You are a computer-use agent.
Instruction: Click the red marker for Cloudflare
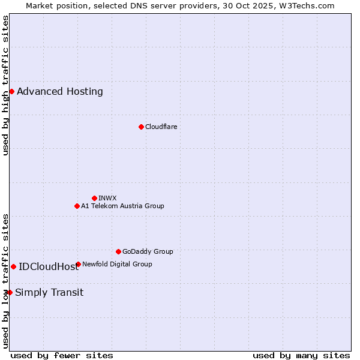coord(141,127)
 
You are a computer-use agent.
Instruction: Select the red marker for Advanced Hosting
coord(11,91)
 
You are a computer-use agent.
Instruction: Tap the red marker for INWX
coord(94,198)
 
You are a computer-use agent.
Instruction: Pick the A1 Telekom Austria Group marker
coord(77,206)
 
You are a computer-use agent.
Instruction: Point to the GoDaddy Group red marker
coord(118,251)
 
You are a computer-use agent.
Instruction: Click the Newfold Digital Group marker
coord(79,264)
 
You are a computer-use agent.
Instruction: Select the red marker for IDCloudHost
coord(13,266)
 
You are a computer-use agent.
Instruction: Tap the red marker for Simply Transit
coord(10,292)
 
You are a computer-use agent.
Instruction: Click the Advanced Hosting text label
coord(60,92)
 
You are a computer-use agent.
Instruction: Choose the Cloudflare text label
coord(161,127)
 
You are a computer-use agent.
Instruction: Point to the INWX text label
coord(107,198)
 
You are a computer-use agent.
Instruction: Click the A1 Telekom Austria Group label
coord(122,206)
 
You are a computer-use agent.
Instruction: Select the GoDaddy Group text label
coord(148,251)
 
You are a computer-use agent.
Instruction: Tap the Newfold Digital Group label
coord(117,264)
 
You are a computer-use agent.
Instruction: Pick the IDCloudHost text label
coord(49,267)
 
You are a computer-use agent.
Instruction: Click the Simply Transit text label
coord(49,293)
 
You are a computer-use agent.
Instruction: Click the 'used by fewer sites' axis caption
coord(62,356)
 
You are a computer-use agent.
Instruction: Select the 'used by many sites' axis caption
coord(301,356)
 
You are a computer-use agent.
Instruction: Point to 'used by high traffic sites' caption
coord(5,85)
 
